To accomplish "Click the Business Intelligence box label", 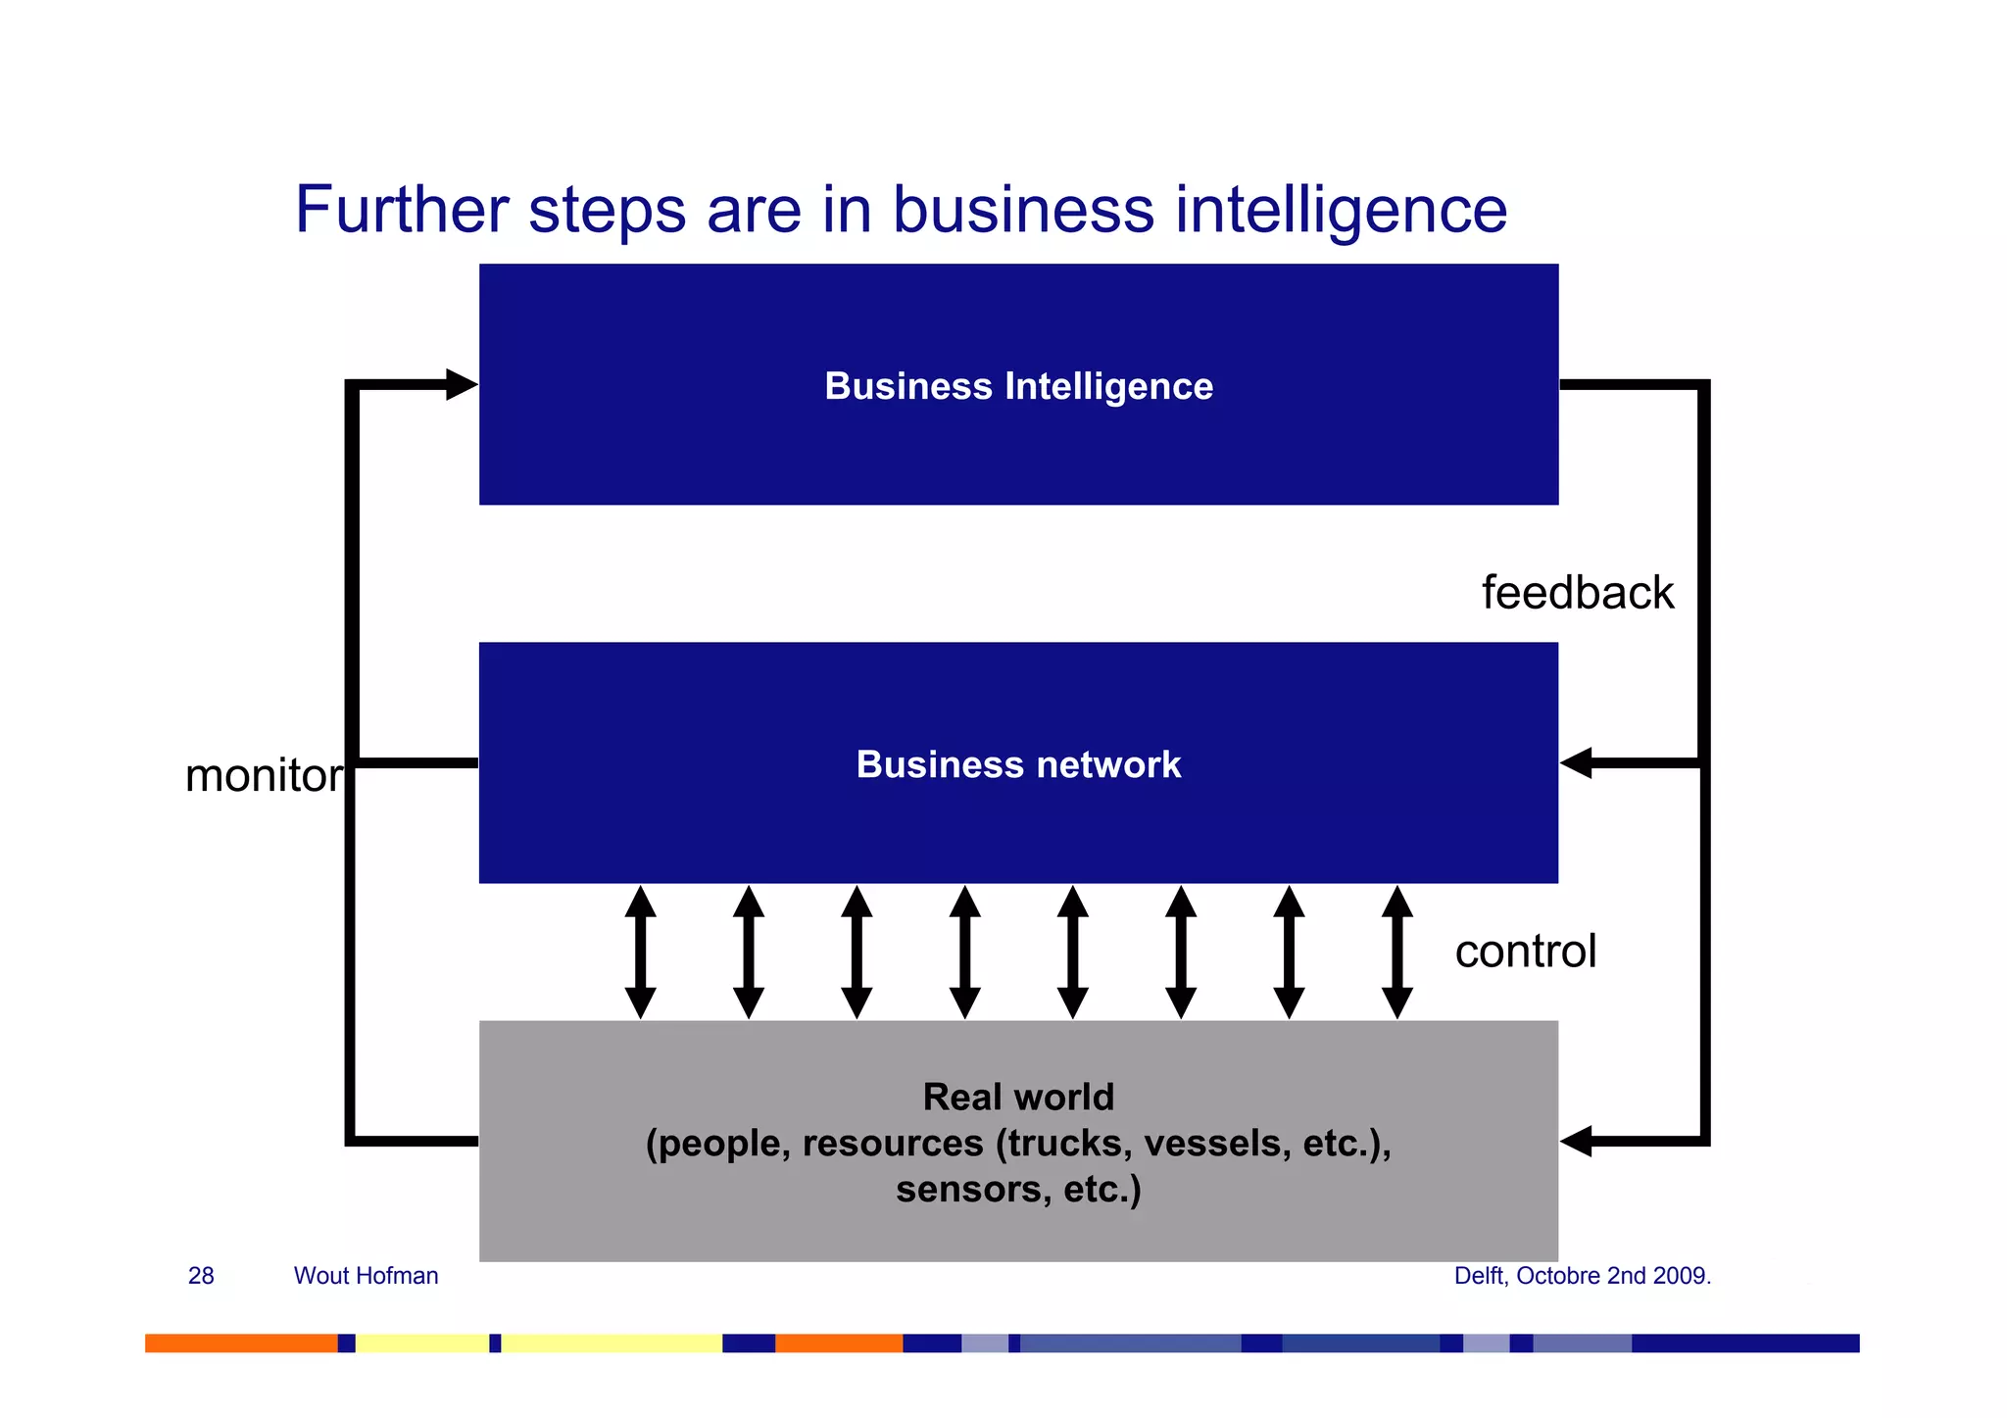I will tap(1018, 386).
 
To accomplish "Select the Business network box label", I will tap(1018, 764).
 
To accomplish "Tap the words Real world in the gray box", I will tap(1018, 1097).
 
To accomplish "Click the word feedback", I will tap(1577, 593).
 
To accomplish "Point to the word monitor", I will tap(264, 776).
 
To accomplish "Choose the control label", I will tap(1525, 952).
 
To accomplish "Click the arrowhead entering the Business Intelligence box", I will tap(461, 384).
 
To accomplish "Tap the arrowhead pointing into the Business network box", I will tap(1576, 762).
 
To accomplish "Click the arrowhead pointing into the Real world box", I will tap(1576, 1141).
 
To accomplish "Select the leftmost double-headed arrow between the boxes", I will tap(640, 952).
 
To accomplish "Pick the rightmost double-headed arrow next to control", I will tap(1396, 952).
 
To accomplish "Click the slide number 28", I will tap(201, 1276).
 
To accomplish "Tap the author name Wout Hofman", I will tap(366, 1276).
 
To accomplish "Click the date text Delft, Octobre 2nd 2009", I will tap(1582, 1276).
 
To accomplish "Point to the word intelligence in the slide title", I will tap(1341, 210).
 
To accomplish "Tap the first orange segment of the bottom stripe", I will tap(241, 1343).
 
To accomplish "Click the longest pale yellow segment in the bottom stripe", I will tap(612, 1343).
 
